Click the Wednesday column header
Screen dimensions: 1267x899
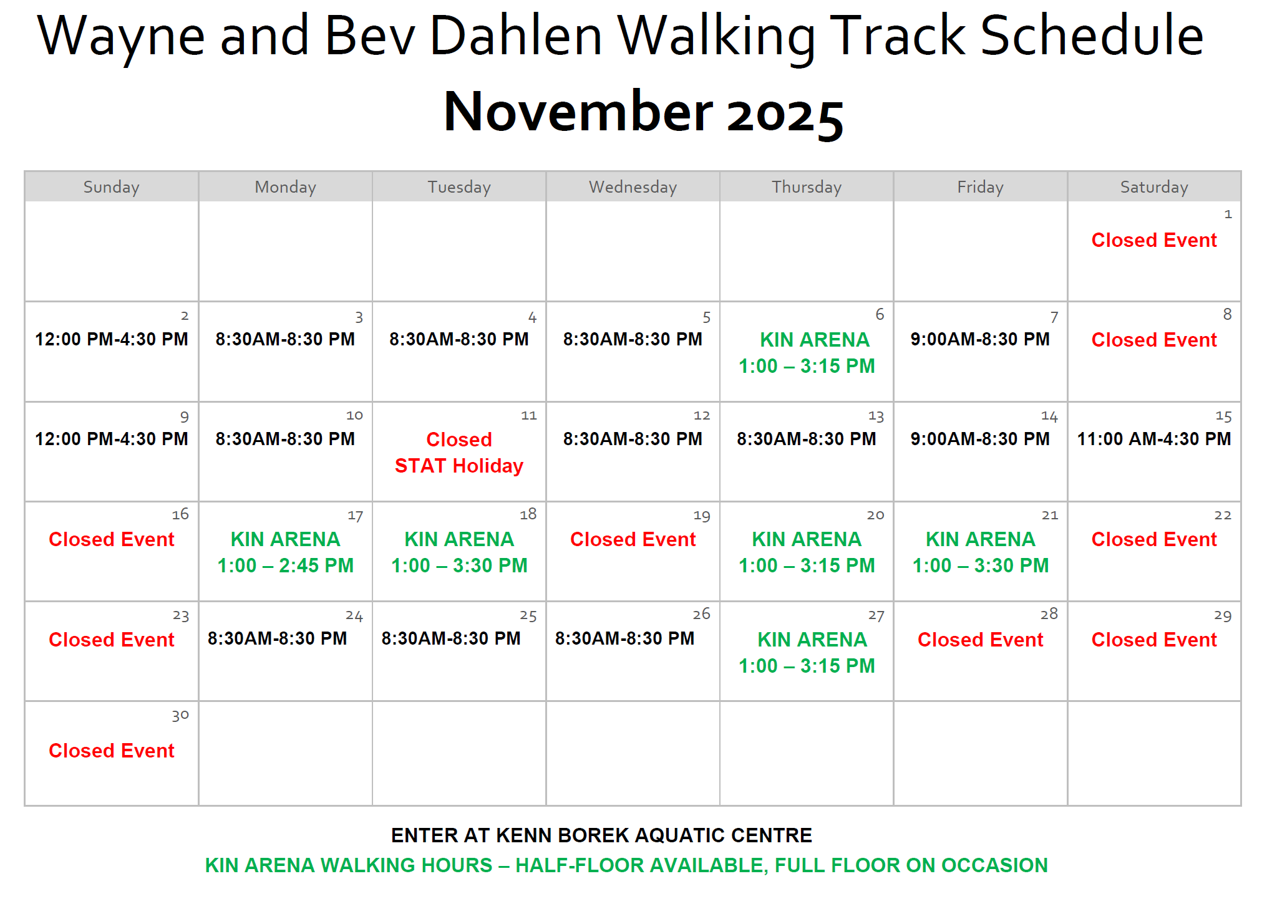[633, 187]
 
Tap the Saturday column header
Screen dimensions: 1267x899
[1154, 187]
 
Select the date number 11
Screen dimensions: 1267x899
[529, 416]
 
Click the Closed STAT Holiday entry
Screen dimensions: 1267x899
[459, 453]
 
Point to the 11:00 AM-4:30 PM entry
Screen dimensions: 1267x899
[1154, 439]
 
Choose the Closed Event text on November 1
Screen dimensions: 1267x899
[1154, 240]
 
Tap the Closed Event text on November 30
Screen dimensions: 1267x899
[112, 751]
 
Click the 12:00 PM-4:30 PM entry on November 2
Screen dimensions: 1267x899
[112, 339]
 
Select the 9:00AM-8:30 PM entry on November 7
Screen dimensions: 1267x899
[980, 339]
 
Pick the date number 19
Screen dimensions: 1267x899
[702, 516]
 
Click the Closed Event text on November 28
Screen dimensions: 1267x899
[980, 640]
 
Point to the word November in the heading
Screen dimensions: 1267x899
[578, 112]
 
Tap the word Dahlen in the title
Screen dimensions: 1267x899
[516, 36]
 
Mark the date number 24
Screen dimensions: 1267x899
[354, 616]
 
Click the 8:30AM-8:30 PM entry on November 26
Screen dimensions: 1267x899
[624, 638]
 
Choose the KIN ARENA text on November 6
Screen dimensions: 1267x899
[815, 340]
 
